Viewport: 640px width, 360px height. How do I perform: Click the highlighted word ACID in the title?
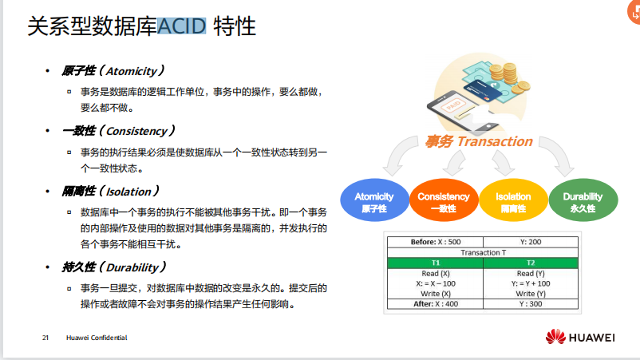click(x=181, y=26)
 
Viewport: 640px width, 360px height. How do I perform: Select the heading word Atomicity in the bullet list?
click(x=132, y=71)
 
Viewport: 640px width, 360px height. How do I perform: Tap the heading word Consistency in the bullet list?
click(x=136, y=131)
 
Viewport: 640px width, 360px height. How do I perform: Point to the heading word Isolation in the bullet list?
click(x=128, y=192)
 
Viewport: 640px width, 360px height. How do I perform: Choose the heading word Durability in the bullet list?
click(x=132, y=267)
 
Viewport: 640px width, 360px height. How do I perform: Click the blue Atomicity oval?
click(x=374, y=200)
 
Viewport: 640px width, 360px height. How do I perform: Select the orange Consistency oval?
click(x=444, y=200)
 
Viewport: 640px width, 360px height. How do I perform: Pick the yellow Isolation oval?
click(x=513, y=200)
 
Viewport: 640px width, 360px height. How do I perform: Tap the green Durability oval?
click(x=583, y=200)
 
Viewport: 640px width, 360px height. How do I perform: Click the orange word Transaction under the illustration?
click(x=495, y=141)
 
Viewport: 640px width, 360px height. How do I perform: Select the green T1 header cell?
click(x=436, y=263)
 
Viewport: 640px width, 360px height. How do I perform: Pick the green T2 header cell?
click(x=531, y=263)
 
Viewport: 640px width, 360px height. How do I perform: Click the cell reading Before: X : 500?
click(x=436, y=242)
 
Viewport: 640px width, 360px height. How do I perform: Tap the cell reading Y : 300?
click(x=531, y=303)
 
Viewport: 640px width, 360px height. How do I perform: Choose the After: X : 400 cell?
click(x=436, y=303)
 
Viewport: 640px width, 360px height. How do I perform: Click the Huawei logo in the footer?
click(x=580, y=337)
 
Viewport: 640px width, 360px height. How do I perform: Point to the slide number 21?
click(x=45, y=338)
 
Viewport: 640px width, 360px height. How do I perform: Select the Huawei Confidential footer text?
click(x=97, y=338)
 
